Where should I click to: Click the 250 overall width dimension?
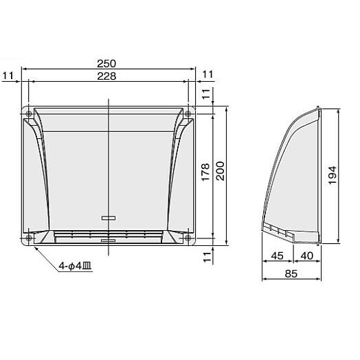tap(109, 63)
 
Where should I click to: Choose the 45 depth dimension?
tap(278, 256)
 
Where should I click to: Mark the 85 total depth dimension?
tap(292, 273)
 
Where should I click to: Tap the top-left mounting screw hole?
tap(28, 113)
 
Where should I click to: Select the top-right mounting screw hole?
tap(188, 113)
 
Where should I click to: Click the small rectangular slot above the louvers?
tap(109, 218)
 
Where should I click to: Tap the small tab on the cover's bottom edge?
tap(109, 241)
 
